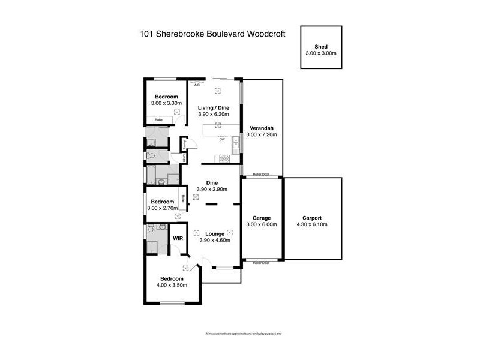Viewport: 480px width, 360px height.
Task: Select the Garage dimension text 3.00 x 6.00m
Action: (261, 224)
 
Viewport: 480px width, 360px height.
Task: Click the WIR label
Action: (178, 238)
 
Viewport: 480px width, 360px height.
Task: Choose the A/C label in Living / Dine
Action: (197, 85)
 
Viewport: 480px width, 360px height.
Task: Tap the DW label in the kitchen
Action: (221, 140)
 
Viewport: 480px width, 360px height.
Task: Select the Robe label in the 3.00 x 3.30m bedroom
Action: (159, 120)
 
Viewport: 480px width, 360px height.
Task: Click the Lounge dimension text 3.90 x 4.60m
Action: (215, 240)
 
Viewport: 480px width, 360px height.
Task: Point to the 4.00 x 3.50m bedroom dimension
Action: (173, 285)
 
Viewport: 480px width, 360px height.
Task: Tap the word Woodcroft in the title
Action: (261, 35)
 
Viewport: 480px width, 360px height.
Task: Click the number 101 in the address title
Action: (146, 35)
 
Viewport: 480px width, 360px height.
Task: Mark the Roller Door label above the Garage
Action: (261, 175)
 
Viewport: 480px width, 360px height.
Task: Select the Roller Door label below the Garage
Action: (261, 263)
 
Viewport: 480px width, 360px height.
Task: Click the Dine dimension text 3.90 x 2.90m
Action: (211, 190)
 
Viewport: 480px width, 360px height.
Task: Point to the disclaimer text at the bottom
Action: (243, 333)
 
